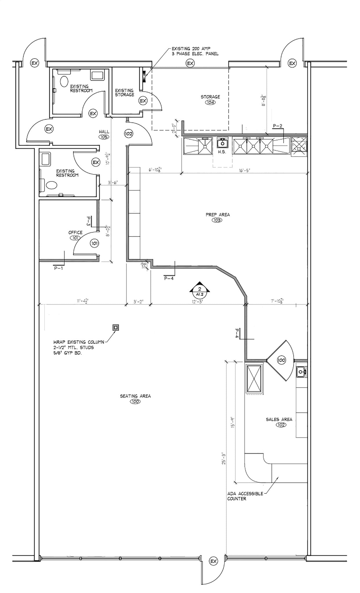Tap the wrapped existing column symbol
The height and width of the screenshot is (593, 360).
[116, 327]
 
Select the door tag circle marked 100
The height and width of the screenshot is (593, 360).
[281, 360]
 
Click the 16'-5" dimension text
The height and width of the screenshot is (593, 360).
[244, 171]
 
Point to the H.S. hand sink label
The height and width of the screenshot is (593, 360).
[222, 152]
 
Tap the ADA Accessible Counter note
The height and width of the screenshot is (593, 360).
[245, 496]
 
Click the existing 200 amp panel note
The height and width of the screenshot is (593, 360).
[195, 51]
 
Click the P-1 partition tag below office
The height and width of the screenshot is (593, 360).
[58, 268]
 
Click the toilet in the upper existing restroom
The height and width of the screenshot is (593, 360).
[64, 81]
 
